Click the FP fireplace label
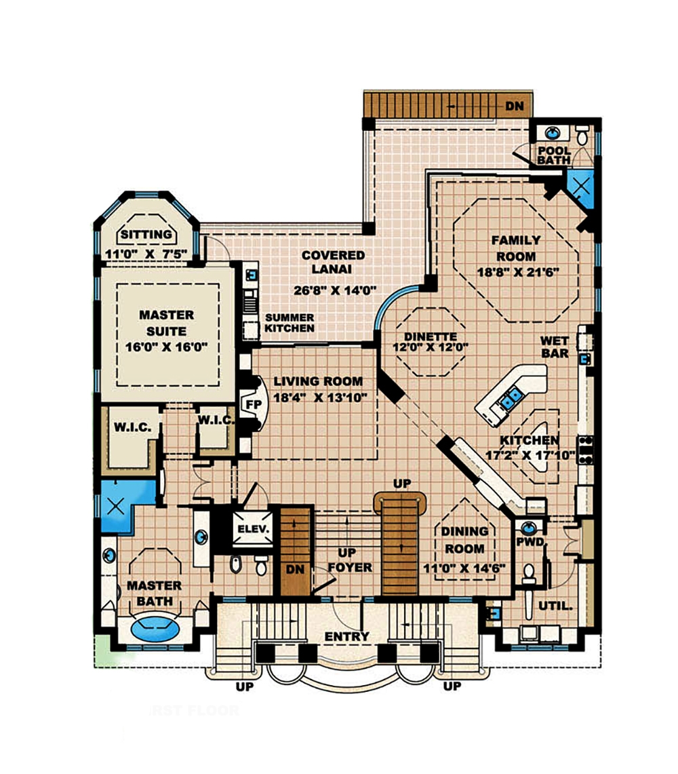click(x=254, y=403)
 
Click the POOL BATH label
click(x=555, y=155)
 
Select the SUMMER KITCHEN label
click(x=290, y=323)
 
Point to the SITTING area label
click(x=146, y=235)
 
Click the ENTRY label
click(x=346, y=636)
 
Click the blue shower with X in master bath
click(x=116, y=505)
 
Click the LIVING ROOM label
click(x=318, y=381)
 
